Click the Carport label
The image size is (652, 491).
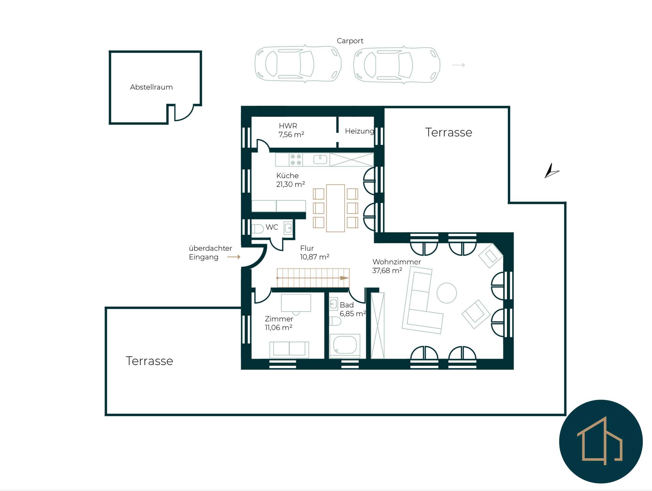pos(350,41)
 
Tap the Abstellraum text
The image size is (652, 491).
pos(151,87)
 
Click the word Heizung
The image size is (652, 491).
pos(360,131)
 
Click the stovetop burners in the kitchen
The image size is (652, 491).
pos(296,160)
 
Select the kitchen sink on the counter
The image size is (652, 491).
pos(320,159)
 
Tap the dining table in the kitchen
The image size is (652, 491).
pos(335,208)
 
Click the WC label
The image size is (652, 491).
pos(272,227)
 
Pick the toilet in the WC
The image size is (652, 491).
pos(258,228)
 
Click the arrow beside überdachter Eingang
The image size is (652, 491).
pos(234,257)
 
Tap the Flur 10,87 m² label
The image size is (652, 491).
pos(314,252)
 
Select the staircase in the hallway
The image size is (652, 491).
pos(313,278)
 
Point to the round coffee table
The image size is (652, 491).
pos(447,293)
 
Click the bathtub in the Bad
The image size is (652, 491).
pos(345,345)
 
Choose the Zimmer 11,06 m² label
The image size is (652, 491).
pos(279,323)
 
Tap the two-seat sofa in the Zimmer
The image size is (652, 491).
pos(289,349)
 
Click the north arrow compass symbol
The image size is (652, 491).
pos(551,171)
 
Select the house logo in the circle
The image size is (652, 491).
pos(600,441)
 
